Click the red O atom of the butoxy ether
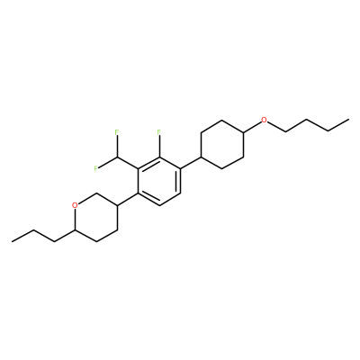click(264, 121)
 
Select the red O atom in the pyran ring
click(76, 205)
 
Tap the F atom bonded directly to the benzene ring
click(159, 131)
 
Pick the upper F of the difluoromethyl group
click(117, 131)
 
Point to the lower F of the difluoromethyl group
click(95, 168)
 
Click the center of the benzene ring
click(159, 181)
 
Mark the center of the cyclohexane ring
click(222, 145)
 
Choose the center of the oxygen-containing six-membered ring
click(96, 218)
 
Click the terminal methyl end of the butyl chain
click(348, 120)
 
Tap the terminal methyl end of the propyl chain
click(12, 241)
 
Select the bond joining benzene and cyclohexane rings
click(191, 163)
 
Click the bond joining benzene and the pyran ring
click(128, 199)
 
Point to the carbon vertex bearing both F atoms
click(117, 157)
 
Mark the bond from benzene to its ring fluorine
click(159, 146)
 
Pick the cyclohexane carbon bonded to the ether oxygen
click(243, 132)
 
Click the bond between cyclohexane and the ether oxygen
click(252, 127)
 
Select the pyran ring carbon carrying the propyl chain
click(75, 229)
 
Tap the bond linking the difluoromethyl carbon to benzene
click(128, 163)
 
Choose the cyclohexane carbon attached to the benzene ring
click(201, 157)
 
